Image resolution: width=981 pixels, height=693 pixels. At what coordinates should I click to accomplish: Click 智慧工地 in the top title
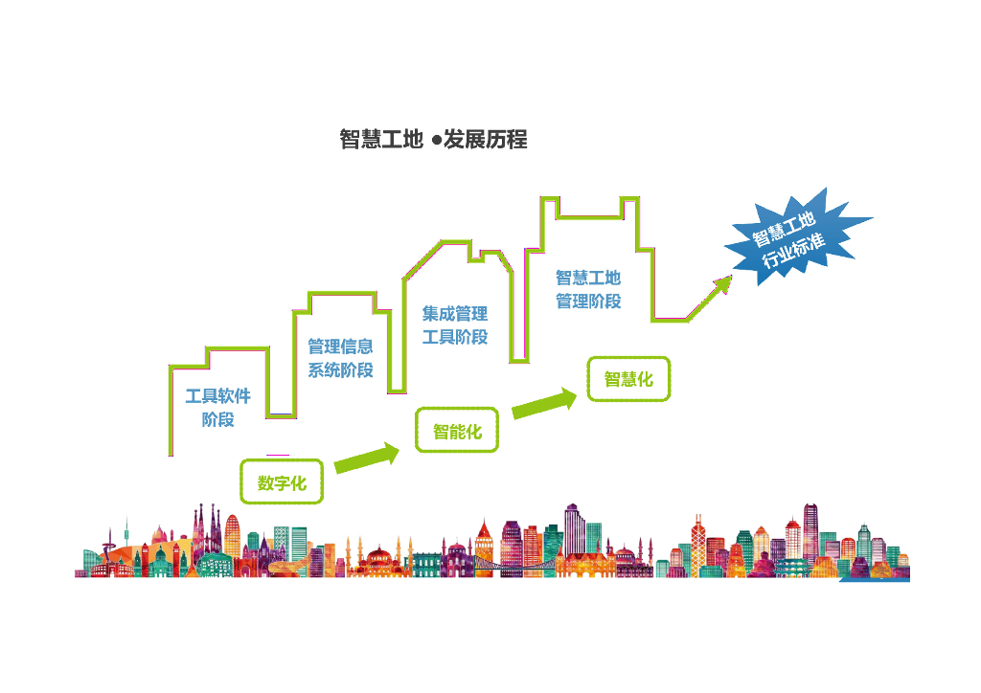click(x=380, y=140)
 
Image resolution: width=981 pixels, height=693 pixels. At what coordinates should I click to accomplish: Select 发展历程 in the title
click(x=486, y=140)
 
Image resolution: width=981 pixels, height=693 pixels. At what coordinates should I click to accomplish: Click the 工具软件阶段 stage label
click(x=217, y=407)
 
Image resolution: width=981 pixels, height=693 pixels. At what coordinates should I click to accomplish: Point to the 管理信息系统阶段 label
click(x=340, y=358)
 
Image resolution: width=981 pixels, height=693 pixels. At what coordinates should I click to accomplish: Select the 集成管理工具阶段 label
click(x=455, y=325)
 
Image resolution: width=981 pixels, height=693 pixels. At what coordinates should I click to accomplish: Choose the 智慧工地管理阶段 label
click(x=588, y=289)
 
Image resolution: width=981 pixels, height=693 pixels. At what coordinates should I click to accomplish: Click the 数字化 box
click(x=282, y=482)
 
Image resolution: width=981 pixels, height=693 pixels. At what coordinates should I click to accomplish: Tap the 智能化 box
click(x=457, y=431)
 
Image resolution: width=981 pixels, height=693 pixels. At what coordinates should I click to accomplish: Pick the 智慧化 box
click(x=628, y=379)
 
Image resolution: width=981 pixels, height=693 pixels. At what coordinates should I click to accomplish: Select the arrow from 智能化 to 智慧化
click(x=545, y=404)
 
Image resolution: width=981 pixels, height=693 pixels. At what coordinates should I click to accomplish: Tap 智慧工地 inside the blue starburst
click(x=782, y=227)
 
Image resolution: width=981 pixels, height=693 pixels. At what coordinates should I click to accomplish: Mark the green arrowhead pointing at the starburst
click(x=720, y=285)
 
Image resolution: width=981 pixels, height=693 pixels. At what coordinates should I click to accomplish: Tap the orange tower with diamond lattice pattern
click(x=697, y=541)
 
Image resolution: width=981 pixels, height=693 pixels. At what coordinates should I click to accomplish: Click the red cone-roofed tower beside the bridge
click(x=484, y=546)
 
